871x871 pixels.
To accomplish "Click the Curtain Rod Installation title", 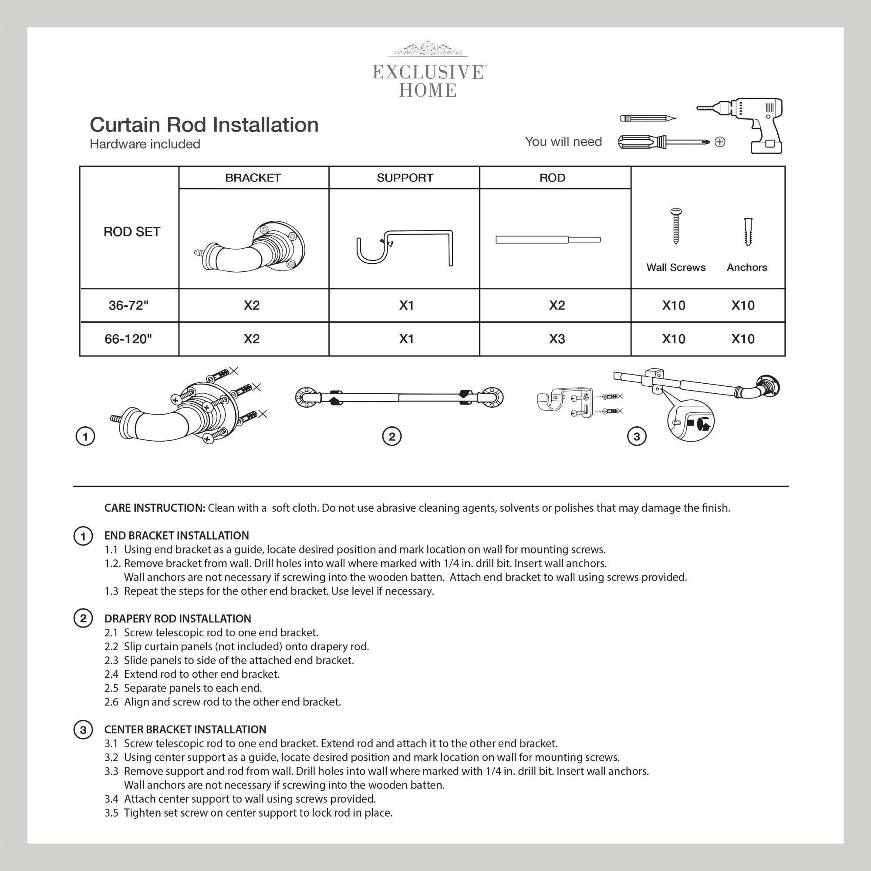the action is pyautogui.click(x=204, y=125).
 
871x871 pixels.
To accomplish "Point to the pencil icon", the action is pyautogui.click(x=648, y=118).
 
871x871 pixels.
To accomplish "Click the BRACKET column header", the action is pyautogui.click(x=253, y=178).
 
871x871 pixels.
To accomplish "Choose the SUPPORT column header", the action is pyautogui.click(x=405, y=178).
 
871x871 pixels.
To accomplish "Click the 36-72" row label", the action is pyautogui.click(x=128, y=305).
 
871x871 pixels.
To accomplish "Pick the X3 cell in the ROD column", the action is pyautogui.click(x=557, y=338).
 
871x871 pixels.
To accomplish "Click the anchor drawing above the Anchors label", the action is pyautogui.click(x=748, y=232).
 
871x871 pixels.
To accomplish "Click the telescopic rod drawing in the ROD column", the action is pyautogui.click(x=548, y=240).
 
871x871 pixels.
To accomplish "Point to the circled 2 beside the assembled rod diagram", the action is pyautogui.click(x=392, y=436).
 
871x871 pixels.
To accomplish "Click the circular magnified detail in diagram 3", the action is pyautogui.click(x=691, y=421).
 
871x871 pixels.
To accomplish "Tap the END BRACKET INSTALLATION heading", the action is pyautogui.click(x=176, y=536).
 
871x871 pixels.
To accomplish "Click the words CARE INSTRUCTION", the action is pyautogui.click(x=155, y=508).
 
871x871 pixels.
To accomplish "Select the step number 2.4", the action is pyautogui.click(x=111, y=675).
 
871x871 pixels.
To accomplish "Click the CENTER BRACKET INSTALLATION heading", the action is pyautogui.click(x=185, y=730).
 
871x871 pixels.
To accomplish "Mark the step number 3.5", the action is pyautogui.click(x=111, y=813).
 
